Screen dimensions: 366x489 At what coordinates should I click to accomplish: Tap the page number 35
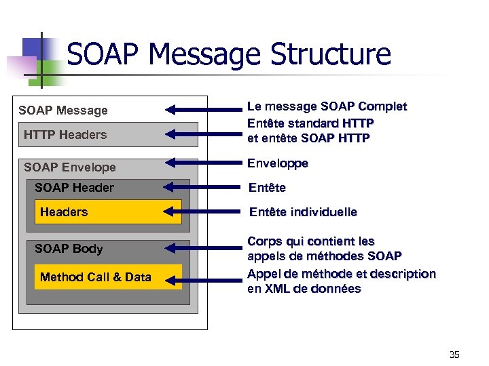454,354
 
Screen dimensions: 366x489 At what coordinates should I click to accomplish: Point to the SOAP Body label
69,249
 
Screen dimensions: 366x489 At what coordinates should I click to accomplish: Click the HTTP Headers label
65,135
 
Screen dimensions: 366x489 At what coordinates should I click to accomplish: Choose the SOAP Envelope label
69,167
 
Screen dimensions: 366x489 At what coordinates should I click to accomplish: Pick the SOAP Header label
74,188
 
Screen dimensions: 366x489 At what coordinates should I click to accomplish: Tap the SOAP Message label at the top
63,110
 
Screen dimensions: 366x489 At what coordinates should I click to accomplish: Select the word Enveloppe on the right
278,163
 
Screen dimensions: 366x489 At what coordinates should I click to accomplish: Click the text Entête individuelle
303,212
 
